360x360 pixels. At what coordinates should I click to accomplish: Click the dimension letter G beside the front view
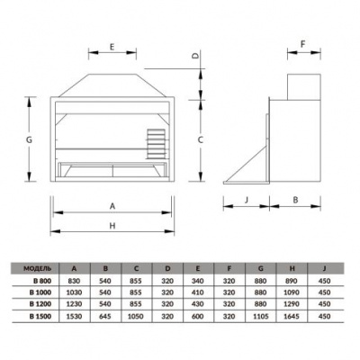29,140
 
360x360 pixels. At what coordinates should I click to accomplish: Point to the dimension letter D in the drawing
196,56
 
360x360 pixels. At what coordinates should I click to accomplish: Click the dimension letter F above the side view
303,42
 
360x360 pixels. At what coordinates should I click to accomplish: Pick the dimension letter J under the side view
246,199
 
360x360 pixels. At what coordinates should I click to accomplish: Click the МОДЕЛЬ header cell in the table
39,268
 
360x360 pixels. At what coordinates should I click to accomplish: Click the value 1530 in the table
75,315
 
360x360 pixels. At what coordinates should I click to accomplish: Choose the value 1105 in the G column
261,315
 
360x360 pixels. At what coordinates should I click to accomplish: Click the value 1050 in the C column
137,315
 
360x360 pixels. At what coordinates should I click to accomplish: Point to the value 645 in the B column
106,315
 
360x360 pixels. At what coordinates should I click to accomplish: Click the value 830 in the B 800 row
75,281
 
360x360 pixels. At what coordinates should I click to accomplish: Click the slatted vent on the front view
157,141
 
